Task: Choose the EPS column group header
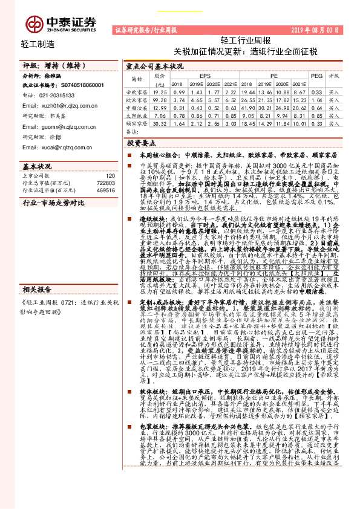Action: click(205, 77)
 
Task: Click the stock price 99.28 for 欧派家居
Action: click(160, 99)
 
